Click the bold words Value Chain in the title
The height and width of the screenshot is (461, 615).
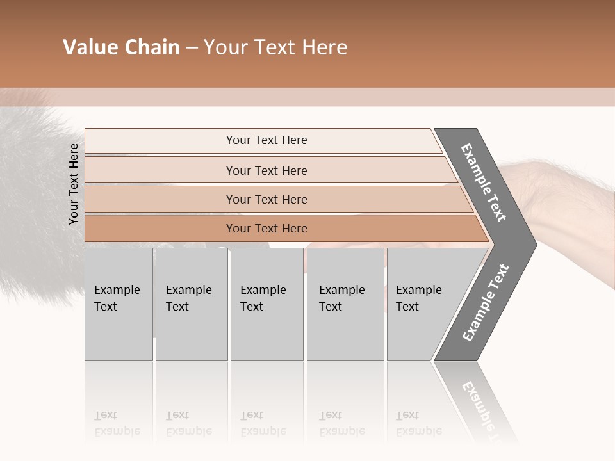pos(121,47)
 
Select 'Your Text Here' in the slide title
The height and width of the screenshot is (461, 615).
pos(275,47)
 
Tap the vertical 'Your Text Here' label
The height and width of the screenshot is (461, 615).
pos(74,184)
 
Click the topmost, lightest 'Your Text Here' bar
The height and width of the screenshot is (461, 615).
pos(266,140)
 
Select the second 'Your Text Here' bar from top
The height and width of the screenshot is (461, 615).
pos(266,170)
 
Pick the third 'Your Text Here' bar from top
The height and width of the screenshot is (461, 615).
pos(266,199)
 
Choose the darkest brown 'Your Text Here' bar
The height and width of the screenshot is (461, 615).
pos(266,229)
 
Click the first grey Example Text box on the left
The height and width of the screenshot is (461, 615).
pos(119,303)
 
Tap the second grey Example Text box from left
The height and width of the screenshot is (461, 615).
pos(192,303)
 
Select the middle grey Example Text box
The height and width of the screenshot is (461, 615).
pos(266,303)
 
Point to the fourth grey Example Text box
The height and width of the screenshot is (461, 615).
pos(345,303)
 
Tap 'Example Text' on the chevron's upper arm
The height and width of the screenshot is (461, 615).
pos(484,182)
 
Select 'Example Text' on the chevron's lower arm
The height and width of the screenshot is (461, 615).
pos(486,303)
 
